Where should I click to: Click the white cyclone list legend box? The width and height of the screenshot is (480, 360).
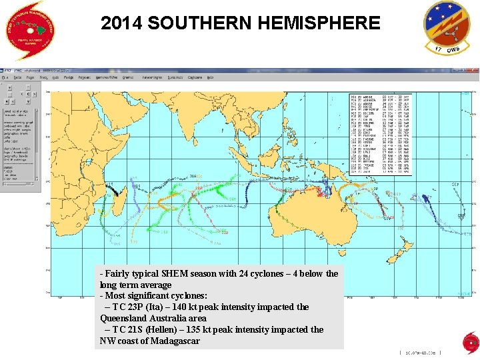(x=381, y=134)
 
